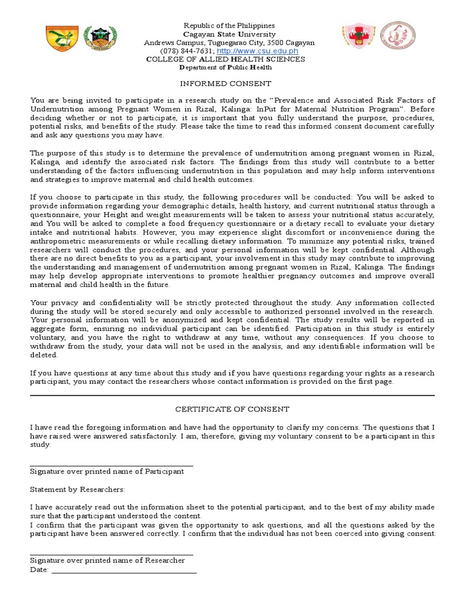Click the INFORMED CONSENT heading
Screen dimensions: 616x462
pyautogui.click(x=226, y=84)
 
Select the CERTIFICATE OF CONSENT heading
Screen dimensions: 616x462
pyautogui.click(x=232, y=409)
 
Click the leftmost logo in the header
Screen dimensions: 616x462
pyautogui.click(x=62, y=38)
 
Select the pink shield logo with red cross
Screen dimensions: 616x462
pyautogui.click(x=359, y=36)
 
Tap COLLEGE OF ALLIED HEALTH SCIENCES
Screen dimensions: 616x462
pyautogui.click(x=226, y=60)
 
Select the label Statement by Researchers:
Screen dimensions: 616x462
pyautogui.click(x=77, y=490)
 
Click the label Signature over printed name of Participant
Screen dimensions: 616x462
pyautogui.click(x=107, y=472)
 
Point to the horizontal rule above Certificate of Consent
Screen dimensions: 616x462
pyautogui.click(x=232, y=395)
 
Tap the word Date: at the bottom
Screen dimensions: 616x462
pyautogui.click(x=39, y=570)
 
